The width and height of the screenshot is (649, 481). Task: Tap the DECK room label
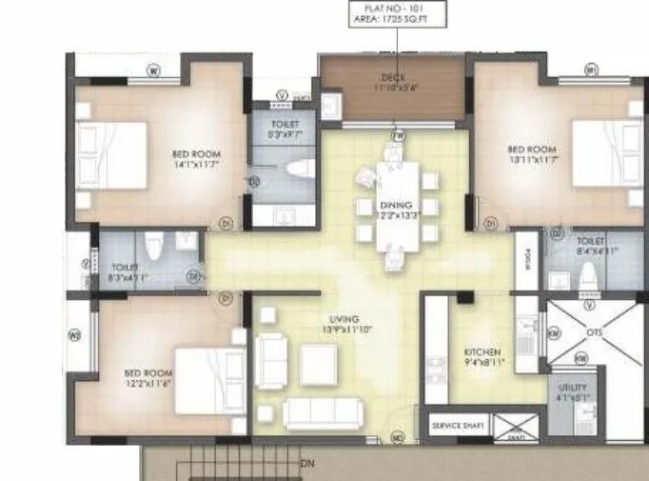pos(393,77)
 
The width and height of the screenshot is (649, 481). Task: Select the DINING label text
pos(393,204)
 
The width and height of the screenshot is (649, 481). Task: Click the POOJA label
pos(523,261)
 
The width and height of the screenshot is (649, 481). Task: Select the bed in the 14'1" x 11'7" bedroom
pos(111,155)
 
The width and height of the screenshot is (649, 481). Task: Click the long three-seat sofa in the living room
pos(324,411)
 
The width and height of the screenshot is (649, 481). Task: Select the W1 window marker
pos(590,70)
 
